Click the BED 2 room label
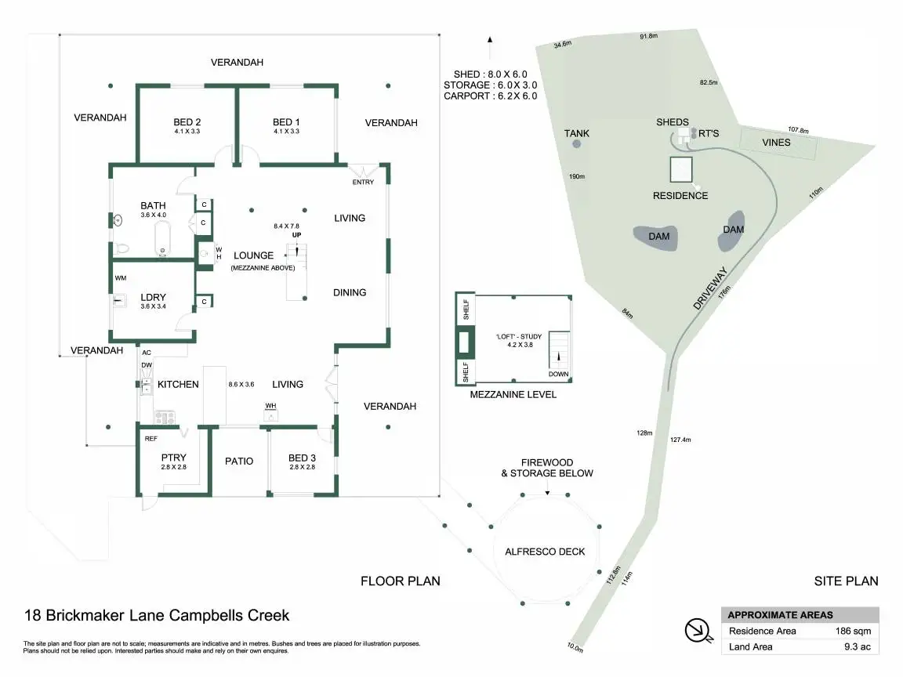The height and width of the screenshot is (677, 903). pos(187,122)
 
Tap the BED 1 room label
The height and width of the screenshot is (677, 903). pos(286,122)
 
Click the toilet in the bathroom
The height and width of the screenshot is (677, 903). pos(122,248)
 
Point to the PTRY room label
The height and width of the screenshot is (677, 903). pos(173,458)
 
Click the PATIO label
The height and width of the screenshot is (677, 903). pos(239,461)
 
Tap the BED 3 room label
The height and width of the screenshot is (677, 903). pos(302,458)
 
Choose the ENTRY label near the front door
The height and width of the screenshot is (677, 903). pos(363,183)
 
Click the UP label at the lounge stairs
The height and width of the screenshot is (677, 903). pos(296,235)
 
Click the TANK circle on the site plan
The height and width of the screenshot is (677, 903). pos(577,144)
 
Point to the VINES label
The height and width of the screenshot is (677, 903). pos(776,143)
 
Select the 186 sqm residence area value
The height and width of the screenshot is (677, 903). pos(853,631)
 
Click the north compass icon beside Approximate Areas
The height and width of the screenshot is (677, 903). pos(696,631)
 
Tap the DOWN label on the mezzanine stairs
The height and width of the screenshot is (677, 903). pos(559,374)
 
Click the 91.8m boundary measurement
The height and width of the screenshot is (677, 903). pos(647,37)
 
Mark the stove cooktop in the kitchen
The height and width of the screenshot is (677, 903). pos(165,418)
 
